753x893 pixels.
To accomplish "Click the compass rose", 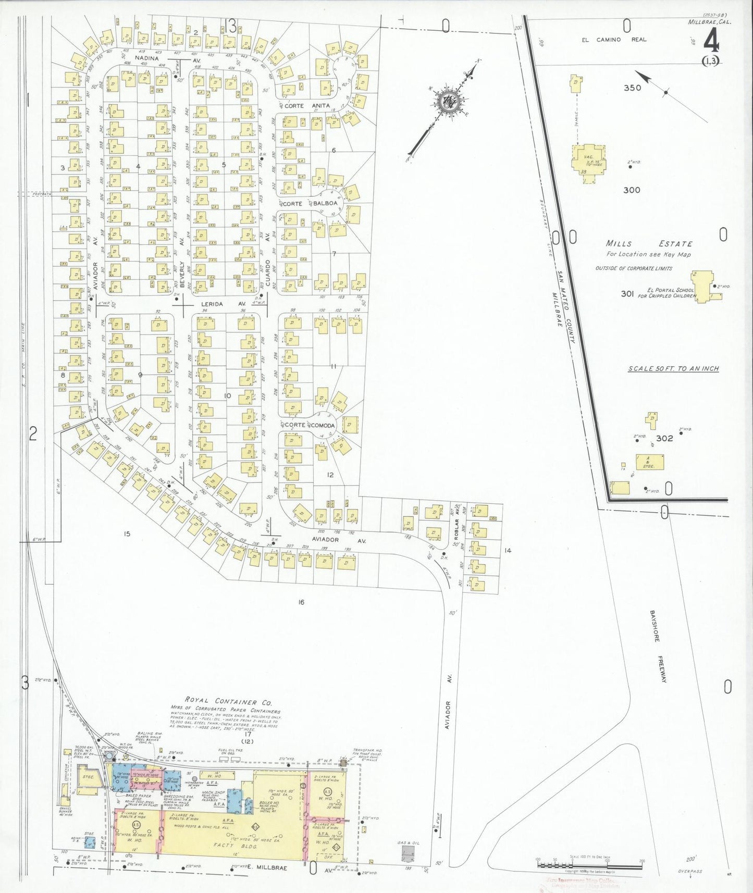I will point(447,102).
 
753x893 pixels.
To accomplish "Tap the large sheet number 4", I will point(711,39).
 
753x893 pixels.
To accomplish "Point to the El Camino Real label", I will point(614,40).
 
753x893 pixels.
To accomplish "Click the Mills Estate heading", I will point(649,243).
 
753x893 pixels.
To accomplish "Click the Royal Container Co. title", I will point(228,702).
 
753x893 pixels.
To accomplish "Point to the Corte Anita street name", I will point(307,106).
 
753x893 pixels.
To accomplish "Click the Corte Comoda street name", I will point(310,425).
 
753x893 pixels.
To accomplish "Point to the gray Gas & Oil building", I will point(408,853).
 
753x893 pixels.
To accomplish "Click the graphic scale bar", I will point(588,864).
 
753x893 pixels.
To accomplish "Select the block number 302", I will point(664,438).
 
